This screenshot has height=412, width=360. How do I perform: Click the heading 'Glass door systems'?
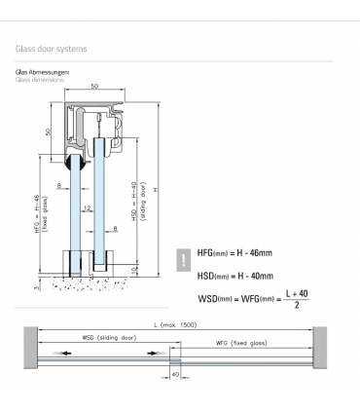click(52, 47)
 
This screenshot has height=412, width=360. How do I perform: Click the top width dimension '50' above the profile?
click(93, 88)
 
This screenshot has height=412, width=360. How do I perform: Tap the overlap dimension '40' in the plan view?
click(176, 372)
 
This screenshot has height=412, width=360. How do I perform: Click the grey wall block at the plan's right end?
click(320, 348)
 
